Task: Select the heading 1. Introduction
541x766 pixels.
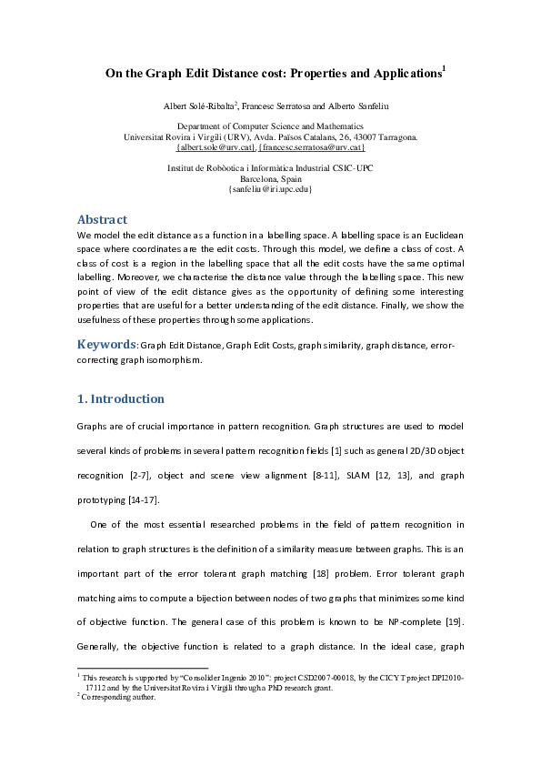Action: click(121, 398)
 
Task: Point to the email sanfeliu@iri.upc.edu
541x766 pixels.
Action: click(270, 189)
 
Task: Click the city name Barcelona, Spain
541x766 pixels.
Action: click(270, 179)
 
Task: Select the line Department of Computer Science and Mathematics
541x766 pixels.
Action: click(270, 126)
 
